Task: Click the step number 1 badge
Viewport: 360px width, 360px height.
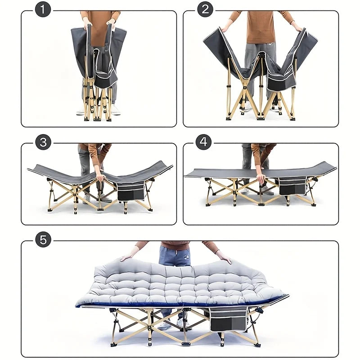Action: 43,9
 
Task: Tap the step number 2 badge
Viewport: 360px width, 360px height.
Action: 205,9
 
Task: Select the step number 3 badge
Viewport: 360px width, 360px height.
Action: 43,143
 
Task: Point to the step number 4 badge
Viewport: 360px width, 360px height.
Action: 204,143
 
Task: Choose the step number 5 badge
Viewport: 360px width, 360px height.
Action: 43,240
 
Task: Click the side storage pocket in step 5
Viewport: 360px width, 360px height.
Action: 228,318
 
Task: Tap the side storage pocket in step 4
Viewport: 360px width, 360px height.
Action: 292,185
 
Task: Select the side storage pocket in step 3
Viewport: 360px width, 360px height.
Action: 131,191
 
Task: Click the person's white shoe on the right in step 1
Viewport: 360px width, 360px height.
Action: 116,109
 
